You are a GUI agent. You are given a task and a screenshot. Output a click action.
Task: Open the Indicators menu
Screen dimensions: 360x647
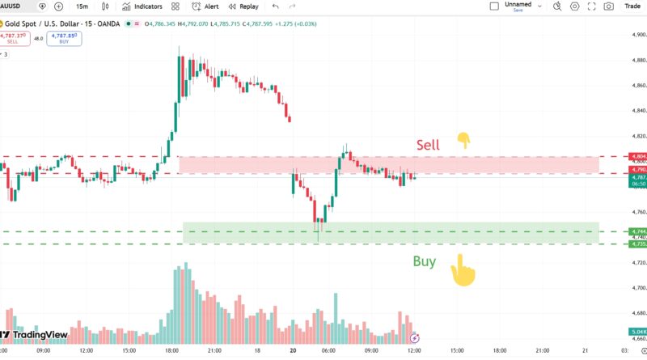click(143, 6)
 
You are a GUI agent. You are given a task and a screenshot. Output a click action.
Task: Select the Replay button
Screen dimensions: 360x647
click(244, 6)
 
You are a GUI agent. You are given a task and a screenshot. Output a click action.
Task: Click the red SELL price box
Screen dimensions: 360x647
click(14, 38)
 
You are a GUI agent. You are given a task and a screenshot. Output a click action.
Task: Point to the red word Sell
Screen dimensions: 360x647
click(428, 145)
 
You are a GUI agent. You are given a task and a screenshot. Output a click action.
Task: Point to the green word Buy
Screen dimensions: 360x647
click(425, 261)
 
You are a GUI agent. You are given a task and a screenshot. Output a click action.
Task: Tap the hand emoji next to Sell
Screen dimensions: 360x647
click(463, 140)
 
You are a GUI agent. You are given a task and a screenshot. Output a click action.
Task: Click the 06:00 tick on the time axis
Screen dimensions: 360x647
click(328, 350)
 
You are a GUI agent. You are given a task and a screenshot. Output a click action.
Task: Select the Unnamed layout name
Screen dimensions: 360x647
click(518, 4)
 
